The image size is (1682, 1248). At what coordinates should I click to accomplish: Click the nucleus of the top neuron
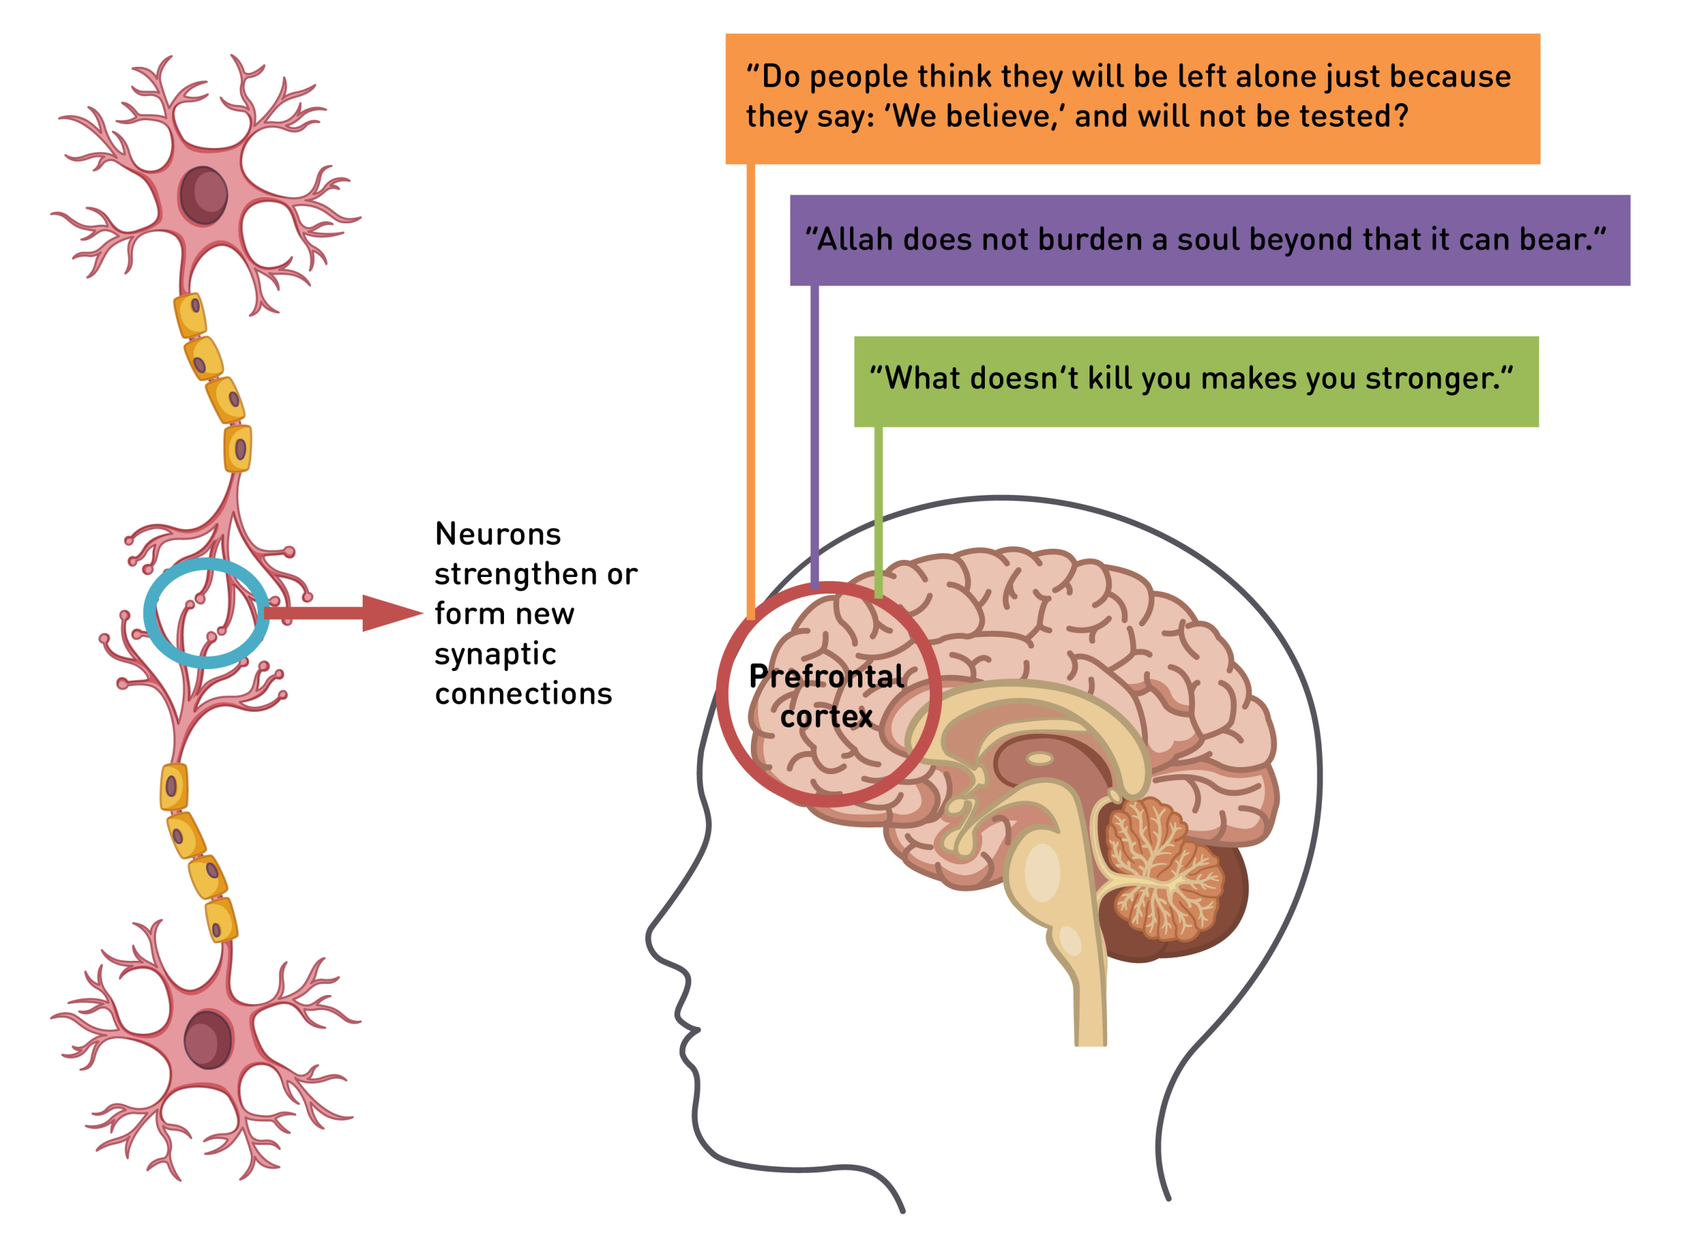(203, 195)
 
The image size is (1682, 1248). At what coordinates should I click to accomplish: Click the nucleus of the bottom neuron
(208, 1039)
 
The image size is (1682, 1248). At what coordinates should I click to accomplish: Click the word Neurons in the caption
(498, 534)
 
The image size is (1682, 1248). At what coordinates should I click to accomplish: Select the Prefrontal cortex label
(827, 696)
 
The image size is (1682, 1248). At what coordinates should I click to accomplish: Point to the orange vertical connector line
(751, 378)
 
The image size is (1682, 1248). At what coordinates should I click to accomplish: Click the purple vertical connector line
(814, 430)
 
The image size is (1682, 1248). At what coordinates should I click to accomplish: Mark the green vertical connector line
(878, 506)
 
